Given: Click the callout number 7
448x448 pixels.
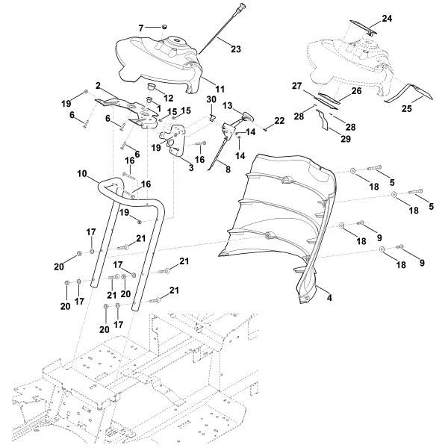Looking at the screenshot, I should tap(140, 28).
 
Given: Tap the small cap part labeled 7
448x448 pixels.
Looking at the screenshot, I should tap(160, 27).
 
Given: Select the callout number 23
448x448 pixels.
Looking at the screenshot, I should tap(235, 49).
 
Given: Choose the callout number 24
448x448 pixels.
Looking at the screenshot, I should tap(387, 17).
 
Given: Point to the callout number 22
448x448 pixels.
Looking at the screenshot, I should tap(279, 120).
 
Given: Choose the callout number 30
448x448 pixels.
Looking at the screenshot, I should tap(211, 100).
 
